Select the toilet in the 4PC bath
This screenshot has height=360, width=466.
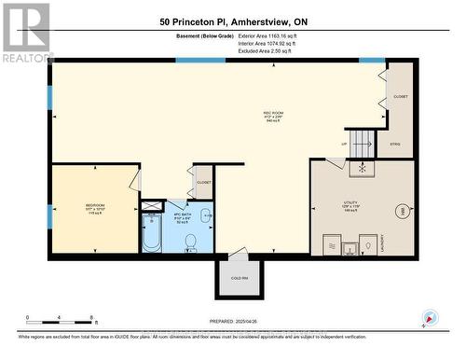[x=189, y=242]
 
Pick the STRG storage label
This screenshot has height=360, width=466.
[x=394, y=145]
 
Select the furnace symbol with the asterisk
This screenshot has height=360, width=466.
[x=362, y=168]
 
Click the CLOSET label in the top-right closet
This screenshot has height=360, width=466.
[x=401, y=97]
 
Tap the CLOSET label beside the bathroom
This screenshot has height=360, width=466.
[x=203, y=182]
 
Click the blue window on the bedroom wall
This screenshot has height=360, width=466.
[x=50, y=98]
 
